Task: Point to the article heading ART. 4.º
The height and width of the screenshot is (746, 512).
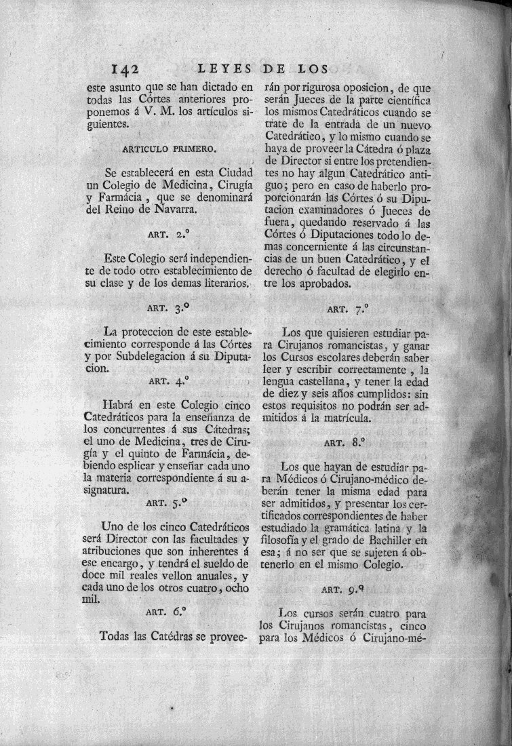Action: click(167, 381)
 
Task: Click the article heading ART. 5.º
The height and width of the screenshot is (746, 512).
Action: click(167, 503)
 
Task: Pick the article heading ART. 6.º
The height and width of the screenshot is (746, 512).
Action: click(167, 611)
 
